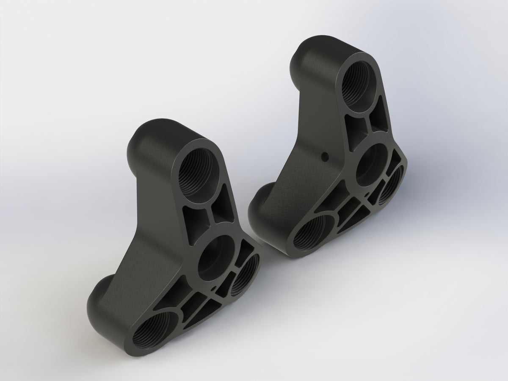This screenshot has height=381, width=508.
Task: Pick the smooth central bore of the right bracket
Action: [x=371, y=165]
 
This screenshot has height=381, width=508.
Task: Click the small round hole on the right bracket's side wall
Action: [x=325, y=155]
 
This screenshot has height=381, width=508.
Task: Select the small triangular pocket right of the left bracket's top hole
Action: [x=225, y=205]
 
